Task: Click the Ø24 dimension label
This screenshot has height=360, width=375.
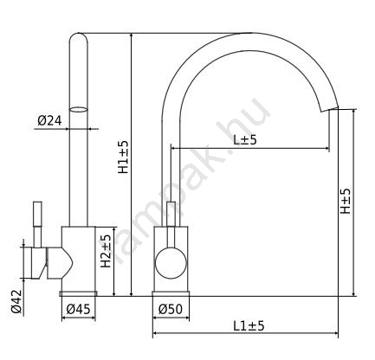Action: [49, 120]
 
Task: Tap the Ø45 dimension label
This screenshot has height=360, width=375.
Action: [78, 309]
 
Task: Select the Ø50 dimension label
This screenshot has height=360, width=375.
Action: [171, 309]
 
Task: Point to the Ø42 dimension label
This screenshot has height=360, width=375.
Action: [16, 301]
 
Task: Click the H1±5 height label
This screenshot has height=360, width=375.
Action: [123, 157]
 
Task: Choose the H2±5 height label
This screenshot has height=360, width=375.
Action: [106, 251]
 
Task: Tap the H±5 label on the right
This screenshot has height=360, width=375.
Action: [346, 201]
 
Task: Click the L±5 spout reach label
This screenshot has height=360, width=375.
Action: [245, 140]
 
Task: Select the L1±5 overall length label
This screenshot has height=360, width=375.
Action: [249, 326]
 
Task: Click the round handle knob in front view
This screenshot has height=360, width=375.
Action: [171, 263]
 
